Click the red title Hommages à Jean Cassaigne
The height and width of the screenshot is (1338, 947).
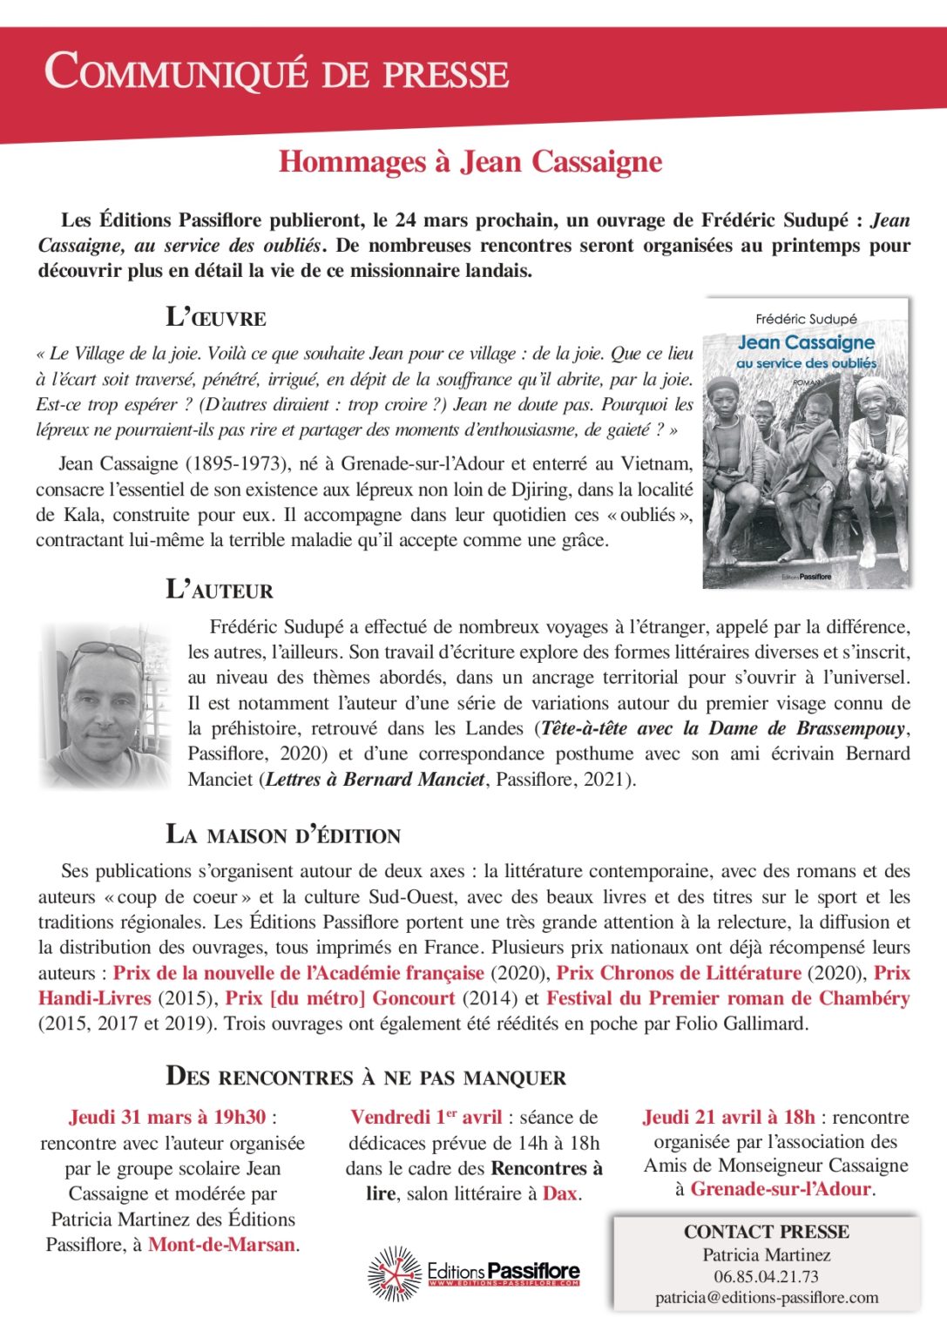pyautogui.click(x=470, y=162)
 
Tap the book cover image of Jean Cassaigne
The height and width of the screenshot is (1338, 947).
pyautogui.click(x=806, y=443)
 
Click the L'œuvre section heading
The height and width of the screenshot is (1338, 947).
pyautogui.click(x=216, y=316)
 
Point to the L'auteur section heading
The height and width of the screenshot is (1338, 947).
pyautogui.click(x=220, y=590)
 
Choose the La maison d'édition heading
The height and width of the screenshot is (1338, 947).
pyautogui.click(x=283, y=835)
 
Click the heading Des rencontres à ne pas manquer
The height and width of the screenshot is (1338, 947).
pyautogui.click(x=366, y=1077)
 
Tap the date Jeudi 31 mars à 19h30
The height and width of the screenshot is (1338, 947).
pyautogui.click(x=167, y=1118)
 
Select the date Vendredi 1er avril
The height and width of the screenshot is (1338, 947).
pyautogui.click(x=426, y=1118)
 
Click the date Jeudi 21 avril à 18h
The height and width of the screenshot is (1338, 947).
pyautogui.click(x=728, y=1118)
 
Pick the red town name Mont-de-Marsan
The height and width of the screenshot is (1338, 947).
pyautogui.click(x=221, y=1245)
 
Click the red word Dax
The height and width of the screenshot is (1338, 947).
pyautogui.click(x=560, y=1193)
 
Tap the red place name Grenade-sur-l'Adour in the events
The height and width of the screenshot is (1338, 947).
pyautogui.click(x=781, y=1189)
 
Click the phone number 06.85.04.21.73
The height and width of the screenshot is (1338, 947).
pyautogui.click(x=766, y=1276)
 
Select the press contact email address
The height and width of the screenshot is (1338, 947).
pyautogui.click(x=767, y=1298)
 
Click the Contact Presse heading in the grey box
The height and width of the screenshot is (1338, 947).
pyautogui.click(x=766, y=1232)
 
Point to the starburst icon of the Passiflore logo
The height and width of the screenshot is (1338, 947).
pyautogui.click(x=395, y=1274)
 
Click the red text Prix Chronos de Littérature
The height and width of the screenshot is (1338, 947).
pyautogui.click(x=679, y=973)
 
